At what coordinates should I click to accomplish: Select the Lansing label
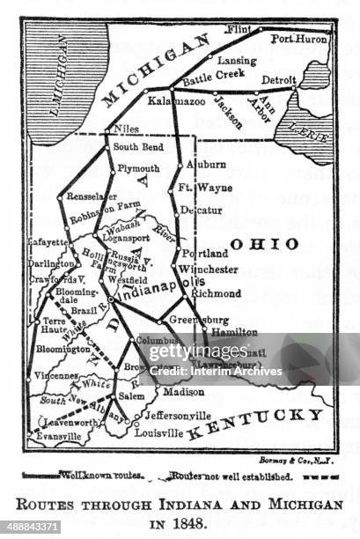(x=239, y=61)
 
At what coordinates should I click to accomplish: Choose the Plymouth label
(x=137, y=167)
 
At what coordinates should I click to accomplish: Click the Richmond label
(x=215, y=292)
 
